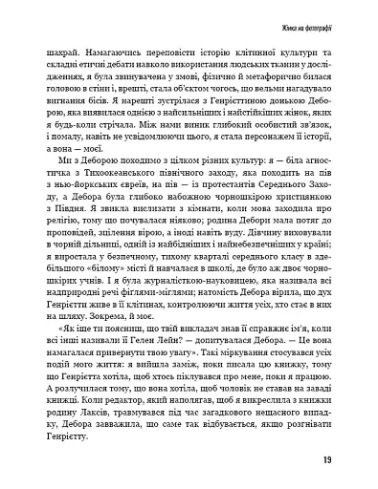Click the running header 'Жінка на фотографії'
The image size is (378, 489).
(325, 21)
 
